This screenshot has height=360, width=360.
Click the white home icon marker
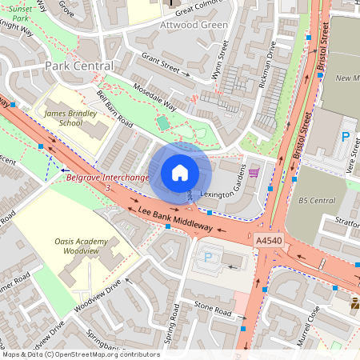[x=180, y=173]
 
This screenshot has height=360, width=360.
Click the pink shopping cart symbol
[x=254, y=172]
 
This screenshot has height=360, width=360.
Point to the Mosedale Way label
[x=153, y=98]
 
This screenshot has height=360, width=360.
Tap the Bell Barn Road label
[x=114, y=110]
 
